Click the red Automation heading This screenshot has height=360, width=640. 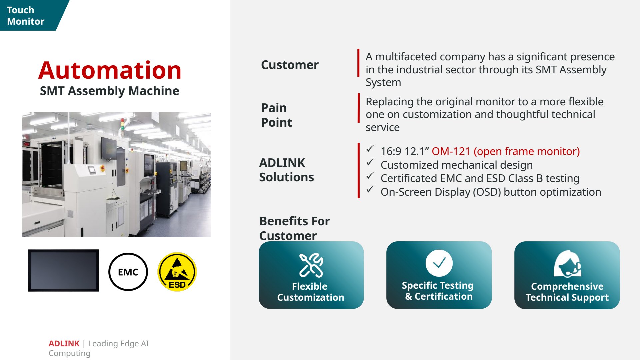[110, 70]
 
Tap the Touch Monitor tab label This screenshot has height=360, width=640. [26, 16]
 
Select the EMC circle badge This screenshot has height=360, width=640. [128, 272]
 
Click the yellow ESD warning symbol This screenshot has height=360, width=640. [177, 272]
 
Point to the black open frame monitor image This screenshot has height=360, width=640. [63, 270]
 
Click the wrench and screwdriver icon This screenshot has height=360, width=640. [311, 265]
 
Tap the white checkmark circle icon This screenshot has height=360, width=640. [439, 263]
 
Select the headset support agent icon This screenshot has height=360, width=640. [567, 264]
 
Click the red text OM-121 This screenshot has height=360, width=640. [451, 151]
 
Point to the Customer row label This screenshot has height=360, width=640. [290, 65]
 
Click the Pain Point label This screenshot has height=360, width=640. [277, 115]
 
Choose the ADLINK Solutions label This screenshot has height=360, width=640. [287, 170]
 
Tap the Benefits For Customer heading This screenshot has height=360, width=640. [295, 228]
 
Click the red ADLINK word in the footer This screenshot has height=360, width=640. [64, 343]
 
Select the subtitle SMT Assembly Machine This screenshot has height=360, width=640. [110, 91]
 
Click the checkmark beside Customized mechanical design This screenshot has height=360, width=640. [370, 163]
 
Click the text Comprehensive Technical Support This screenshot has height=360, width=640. [567, 292]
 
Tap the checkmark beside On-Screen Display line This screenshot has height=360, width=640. [370, 190]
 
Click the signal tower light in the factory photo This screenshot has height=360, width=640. [122, 124]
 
